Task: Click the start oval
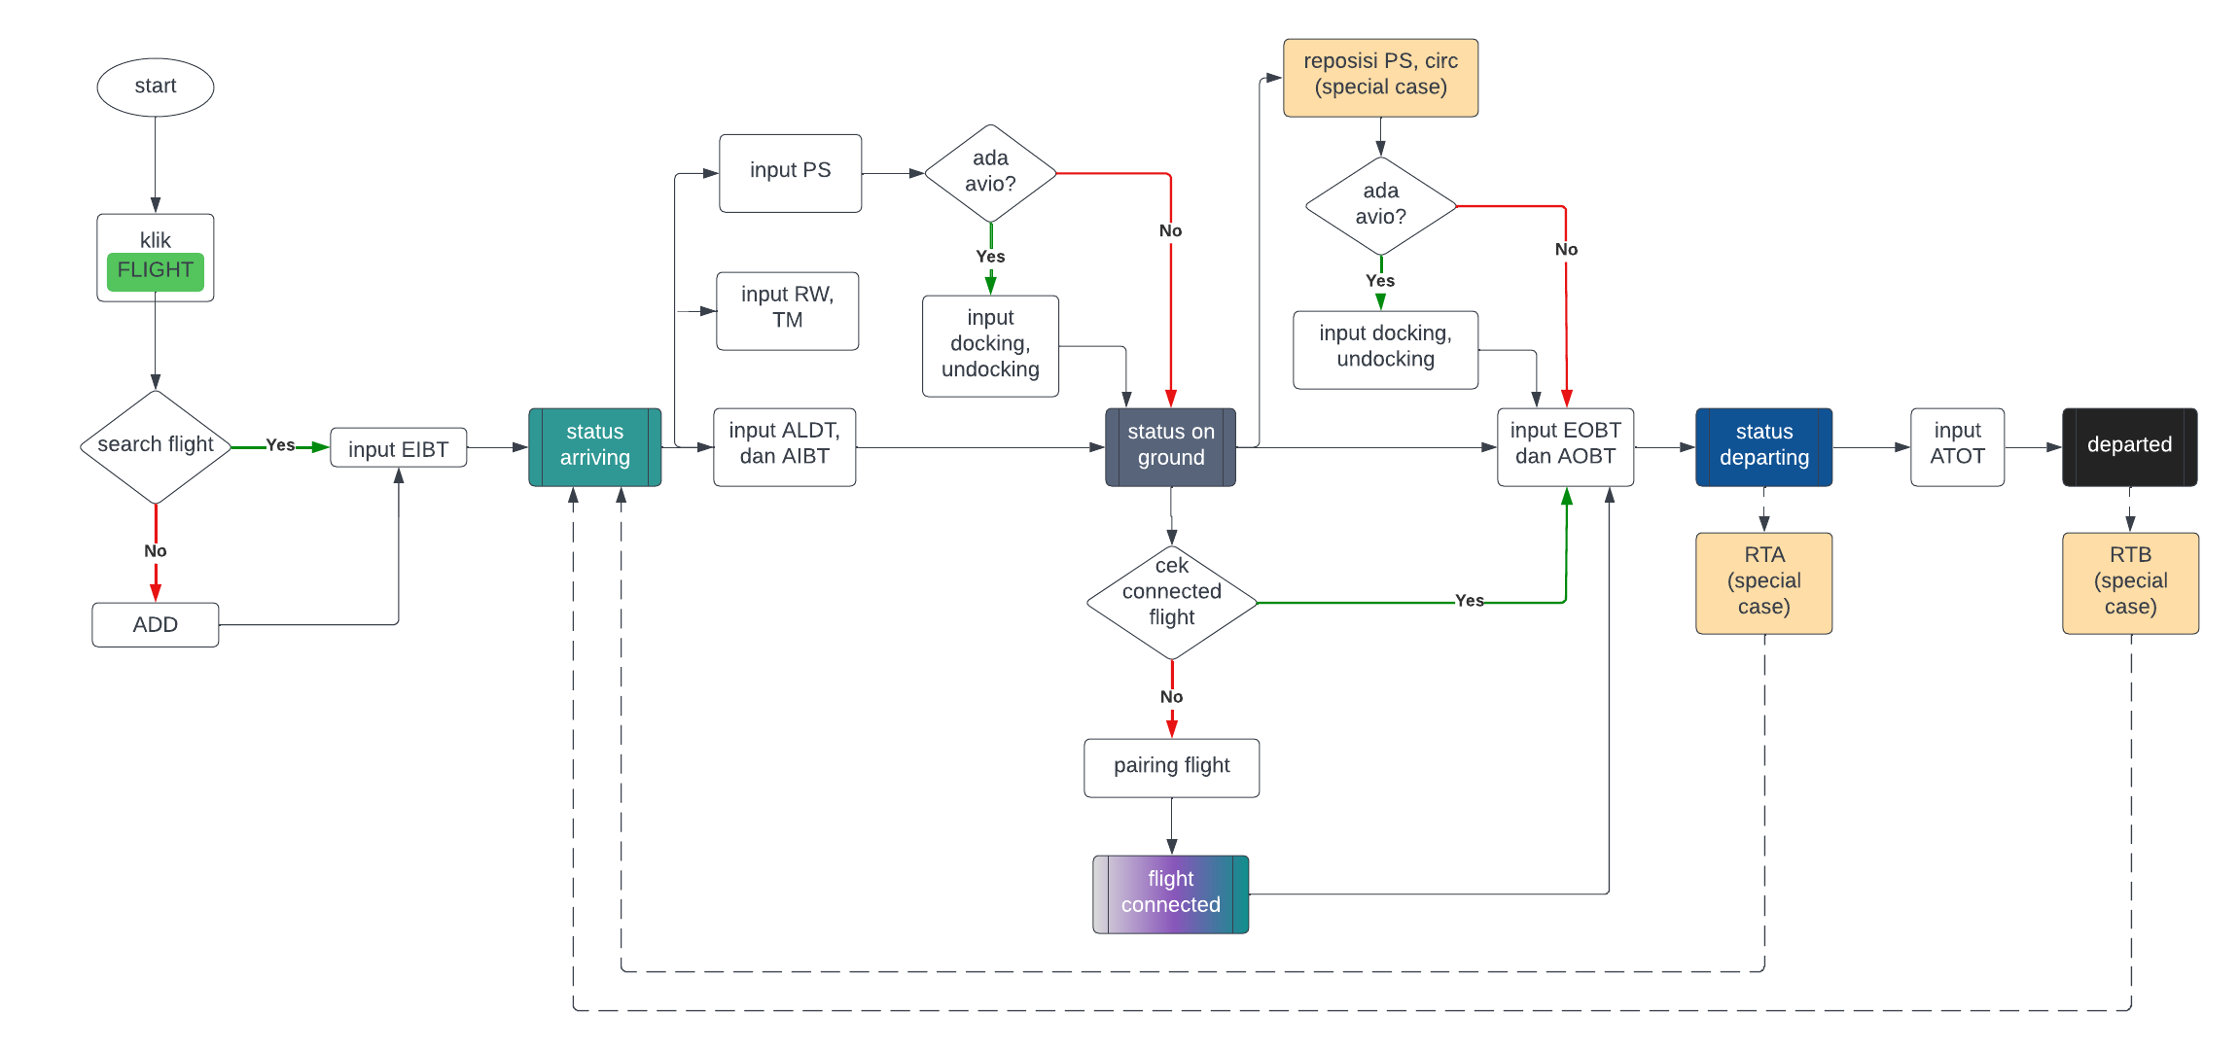click(x=156, y=88)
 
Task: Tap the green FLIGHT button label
click(x=156, y=270)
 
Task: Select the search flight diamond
click(x=156, y=446)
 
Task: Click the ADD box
click(x=156, y=624)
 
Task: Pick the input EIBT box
click(x=398, y=448)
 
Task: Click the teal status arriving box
click(x=594, y=446)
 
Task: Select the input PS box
click(x=790, y=172)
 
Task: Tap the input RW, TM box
click(x=787, y=310)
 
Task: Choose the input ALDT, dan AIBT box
click(x=784, y=446)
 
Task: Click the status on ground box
click(x=1170, y=446)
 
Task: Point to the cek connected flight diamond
click(x=1171, y=602)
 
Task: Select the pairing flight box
click(x=1171, y=767)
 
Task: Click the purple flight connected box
click(x=1170, y=893)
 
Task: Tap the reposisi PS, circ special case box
click(x=1380, y=77)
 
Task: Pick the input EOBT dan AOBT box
click(x=1565, y=446)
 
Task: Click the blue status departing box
click(x=1763, y=446)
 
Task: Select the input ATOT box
click(x=1957, y=446)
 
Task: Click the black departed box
click(x=2129, y=446)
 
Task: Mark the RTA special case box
click(x=1763, y=582)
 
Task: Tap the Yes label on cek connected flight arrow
click(x=1469, y=601)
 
